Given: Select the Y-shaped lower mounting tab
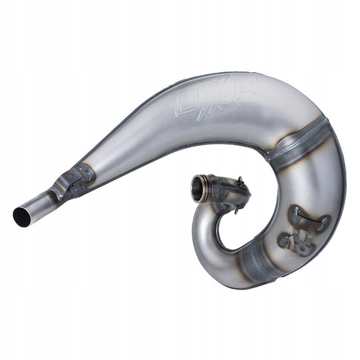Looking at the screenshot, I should [x=301, y=241].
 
